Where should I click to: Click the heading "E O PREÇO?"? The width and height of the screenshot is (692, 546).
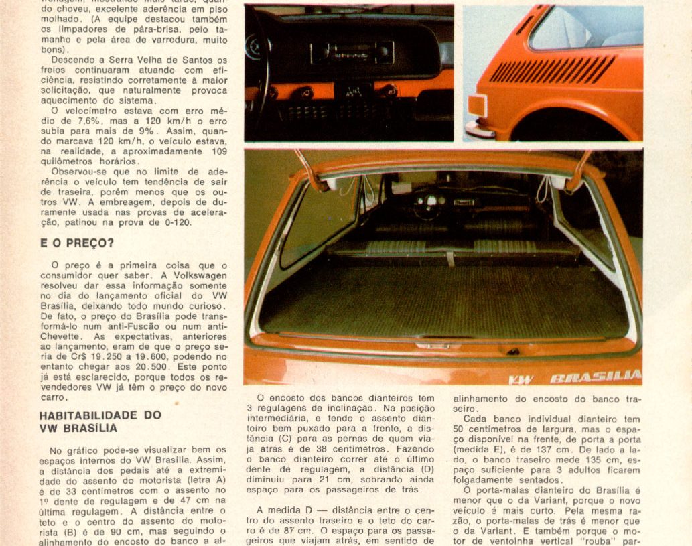(76, 243)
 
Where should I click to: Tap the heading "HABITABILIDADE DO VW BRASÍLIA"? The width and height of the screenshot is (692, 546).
(100, 421)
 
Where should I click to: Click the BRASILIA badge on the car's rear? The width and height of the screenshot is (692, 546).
(595, 378)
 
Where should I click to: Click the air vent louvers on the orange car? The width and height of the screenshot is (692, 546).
(552, 70)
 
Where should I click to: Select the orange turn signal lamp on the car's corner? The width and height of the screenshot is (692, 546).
(477, 106)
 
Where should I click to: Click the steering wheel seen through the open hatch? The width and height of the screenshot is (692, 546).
(428, 204)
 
